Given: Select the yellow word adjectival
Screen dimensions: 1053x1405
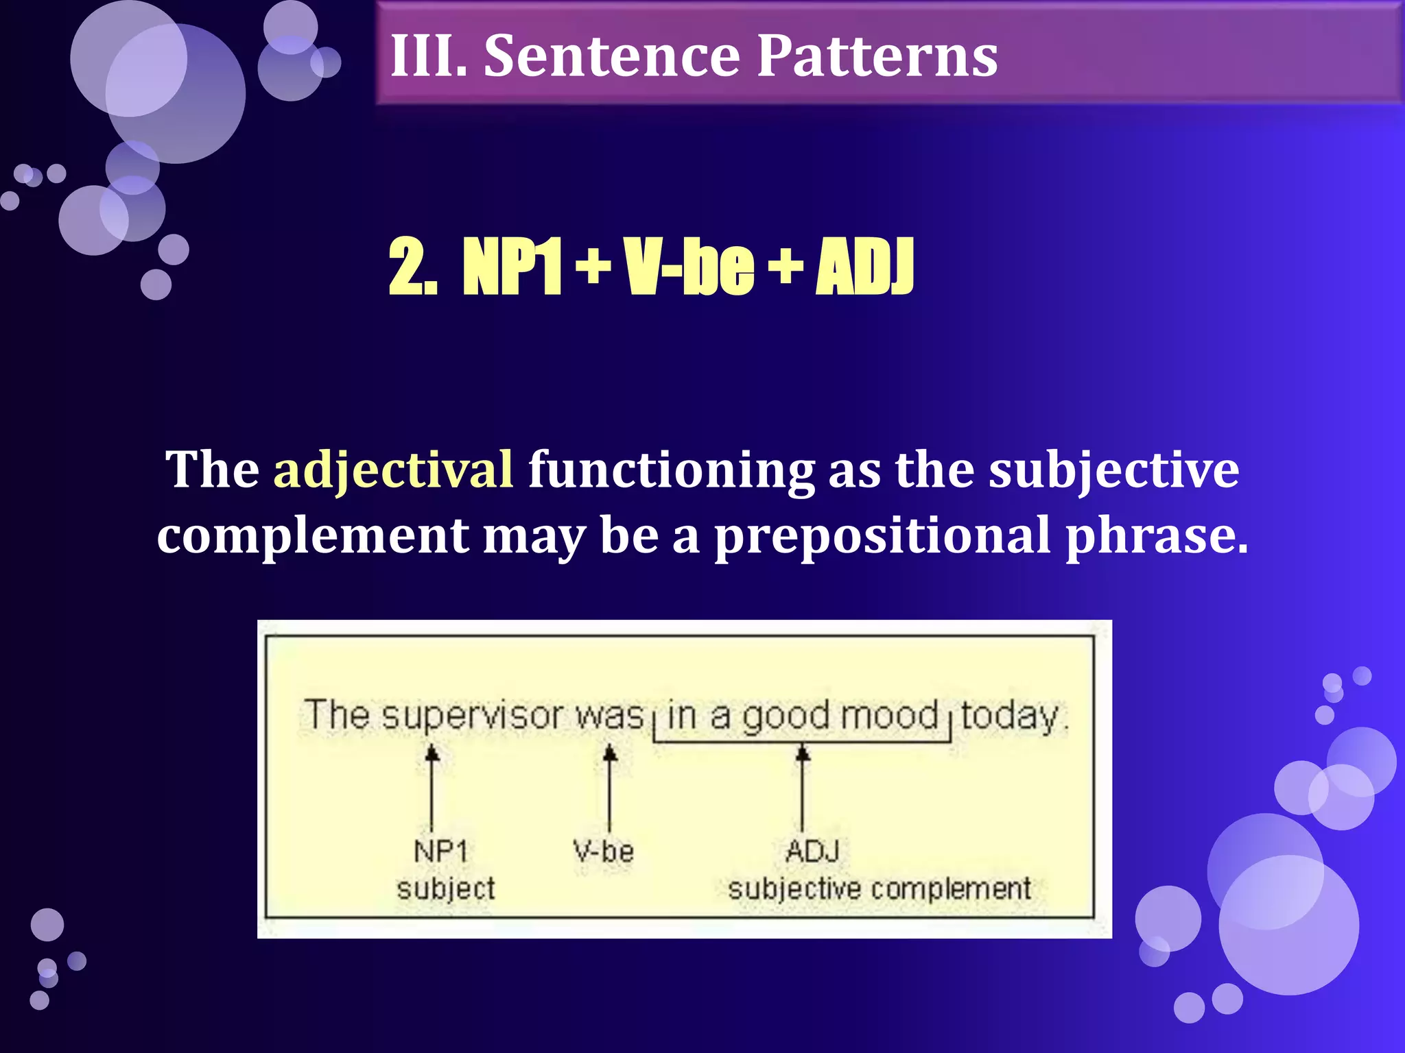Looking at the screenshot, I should pyautogui.click(x=393, y=470).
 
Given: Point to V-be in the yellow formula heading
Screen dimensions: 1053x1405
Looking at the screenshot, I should pyautogui.click(x=688, y=267).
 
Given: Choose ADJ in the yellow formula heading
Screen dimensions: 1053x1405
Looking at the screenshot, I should pyautogui.click(x=864, y=267).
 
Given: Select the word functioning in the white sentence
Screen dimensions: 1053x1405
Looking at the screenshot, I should pyautogui.click(x=671, y=470).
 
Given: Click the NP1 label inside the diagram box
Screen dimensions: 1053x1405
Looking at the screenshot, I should pyautogui.click(x=441, y=851).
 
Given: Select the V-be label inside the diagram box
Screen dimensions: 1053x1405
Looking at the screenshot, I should pyautogui.click(x=604, y=851).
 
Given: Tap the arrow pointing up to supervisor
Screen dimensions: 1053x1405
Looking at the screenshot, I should pyautogui.click(x=432, y=788).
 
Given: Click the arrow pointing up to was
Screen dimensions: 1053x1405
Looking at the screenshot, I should pyautogui.click(x=610, y=788).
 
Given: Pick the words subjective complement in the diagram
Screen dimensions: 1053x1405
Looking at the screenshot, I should pyautogui.click(x=879, y=889).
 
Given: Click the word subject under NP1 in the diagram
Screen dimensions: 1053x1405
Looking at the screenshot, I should pyautogui.click(x=446, y=889).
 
